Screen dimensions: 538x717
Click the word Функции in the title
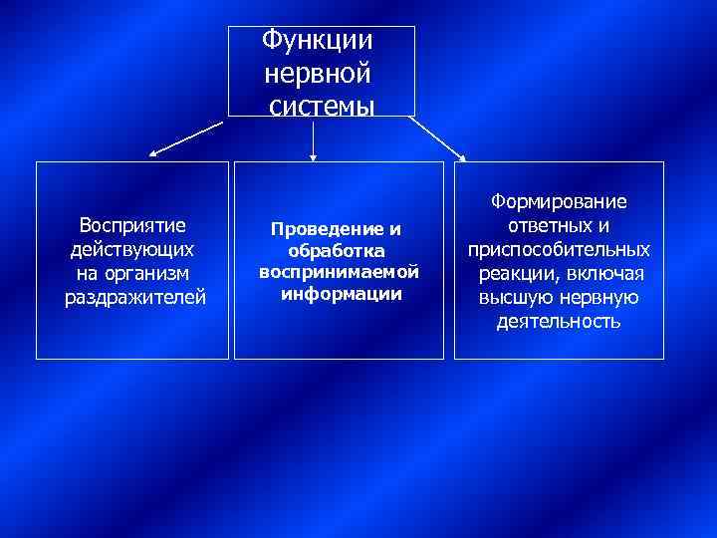coord(318,41)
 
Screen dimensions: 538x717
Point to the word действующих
coord(133,248)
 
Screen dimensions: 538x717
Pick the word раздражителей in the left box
coord(134,297)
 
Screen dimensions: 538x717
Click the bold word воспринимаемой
coord(339,272)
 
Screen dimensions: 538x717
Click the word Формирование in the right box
coord(559,202)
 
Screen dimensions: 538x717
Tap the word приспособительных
coord(559,249)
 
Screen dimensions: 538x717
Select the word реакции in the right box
coord(516,273)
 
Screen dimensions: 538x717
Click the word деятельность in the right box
coord(559,322)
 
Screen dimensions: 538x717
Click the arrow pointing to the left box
coord(187,139)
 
